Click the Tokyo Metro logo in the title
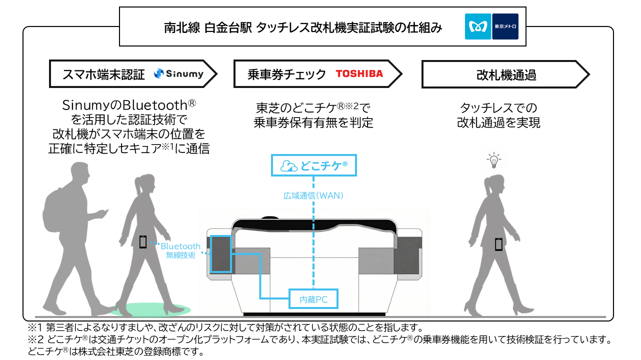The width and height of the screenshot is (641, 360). click(491, 26)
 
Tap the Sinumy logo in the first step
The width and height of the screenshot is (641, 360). click(178, 74)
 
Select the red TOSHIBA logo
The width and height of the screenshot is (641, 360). click(359, 74)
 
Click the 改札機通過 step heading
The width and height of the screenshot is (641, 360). click(506, 75)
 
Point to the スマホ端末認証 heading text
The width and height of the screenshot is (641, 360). click(103, 75)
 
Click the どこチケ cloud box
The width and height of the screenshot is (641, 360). click(314, 165)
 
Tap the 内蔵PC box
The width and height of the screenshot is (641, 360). click(313, 299)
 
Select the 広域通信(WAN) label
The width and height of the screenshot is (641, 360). click(313, 195)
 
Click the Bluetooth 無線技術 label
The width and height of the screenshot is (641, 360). click(180, 250)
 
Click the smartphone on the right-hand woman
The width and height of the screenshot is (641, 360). click(498, 244)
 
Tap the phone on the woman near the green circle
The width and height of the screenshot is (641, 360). click(143, 242)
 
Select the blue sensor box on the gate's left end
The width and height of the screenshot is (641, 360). click(220, 253)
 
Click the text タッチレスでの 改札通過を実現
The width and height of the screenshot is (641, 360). click(498, 115)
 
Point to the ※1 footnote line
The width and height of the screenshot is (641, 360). click(225, 328)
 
